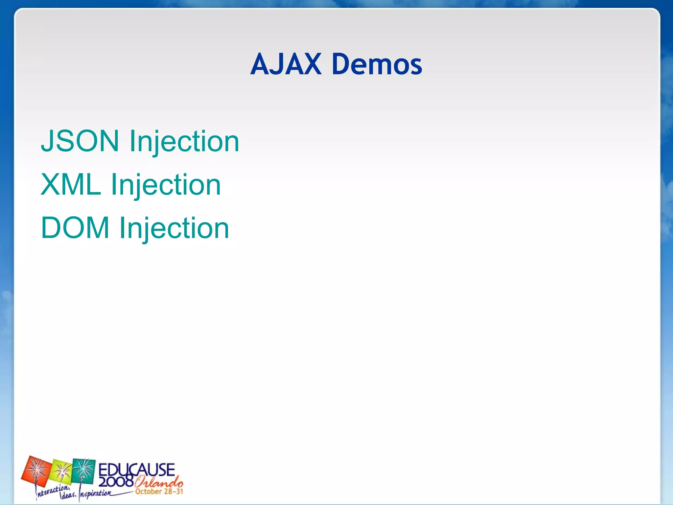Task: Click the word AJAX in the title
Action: (286, 64)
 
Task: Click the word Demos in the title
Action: (377, 64)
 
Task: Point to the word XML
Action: (70, 184)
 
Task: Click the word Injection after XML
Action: (166, 185)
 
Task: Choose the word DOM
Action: (75, 228)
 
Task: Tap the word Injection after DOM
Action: (174, 228)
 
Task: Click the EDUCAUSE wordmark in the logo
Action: (136, 469)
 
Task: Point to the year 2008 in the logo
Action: (116, 482)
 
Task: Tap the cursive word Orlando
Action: (159, 483)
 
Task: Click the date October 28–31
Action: (159, 492)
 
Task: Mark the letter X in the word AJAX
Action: (310, 64)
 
